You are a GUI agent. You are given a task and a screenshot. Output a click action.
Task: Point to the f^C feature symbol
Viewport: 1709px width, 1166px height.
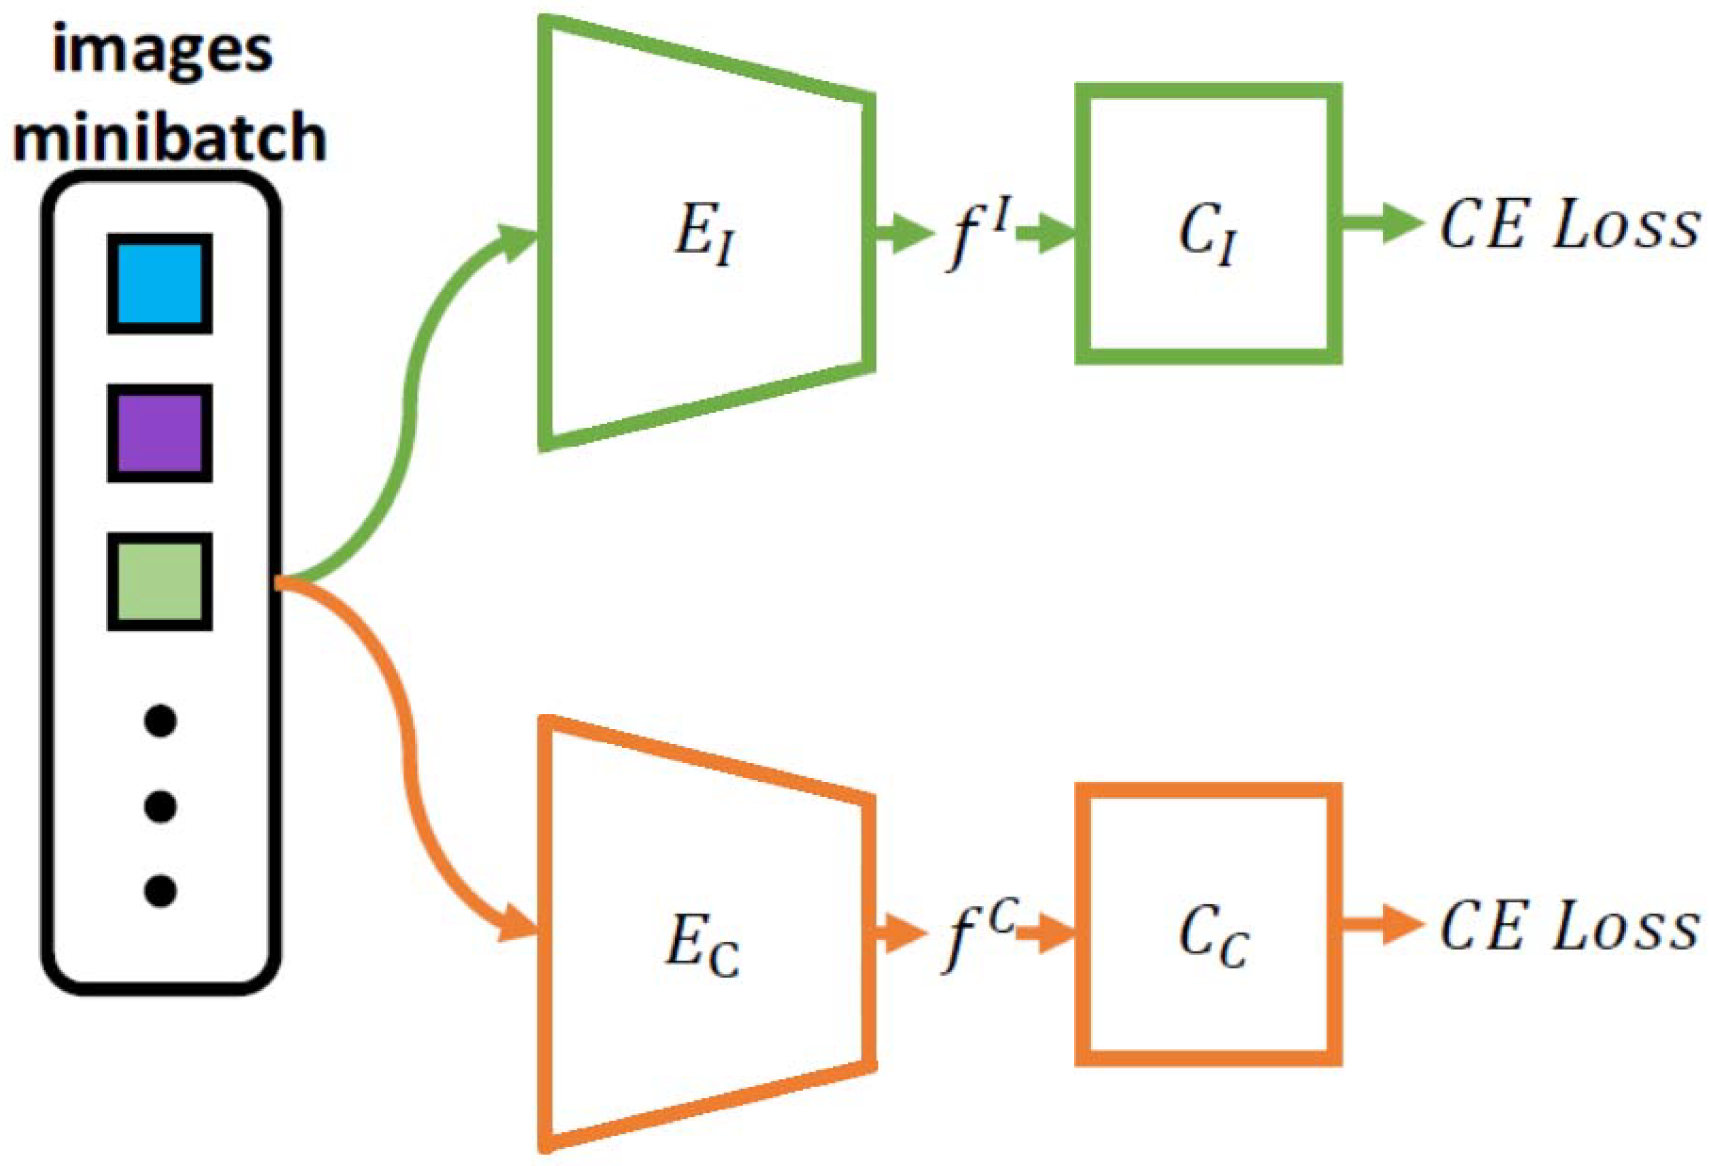(x=974, y=936)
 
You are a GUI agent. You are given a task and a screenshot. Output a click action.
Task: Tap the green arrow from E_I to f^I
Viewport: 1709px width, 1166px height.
(x=903, y=234)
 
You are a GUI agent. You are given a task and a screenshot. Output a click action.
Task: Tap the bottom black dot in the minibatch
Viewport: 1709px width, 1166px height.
(x=161, y=891)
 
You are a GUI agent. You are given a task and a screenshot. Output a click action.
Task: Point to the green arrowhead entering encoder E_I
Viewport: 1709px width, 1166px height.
(x=518, y=241)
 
